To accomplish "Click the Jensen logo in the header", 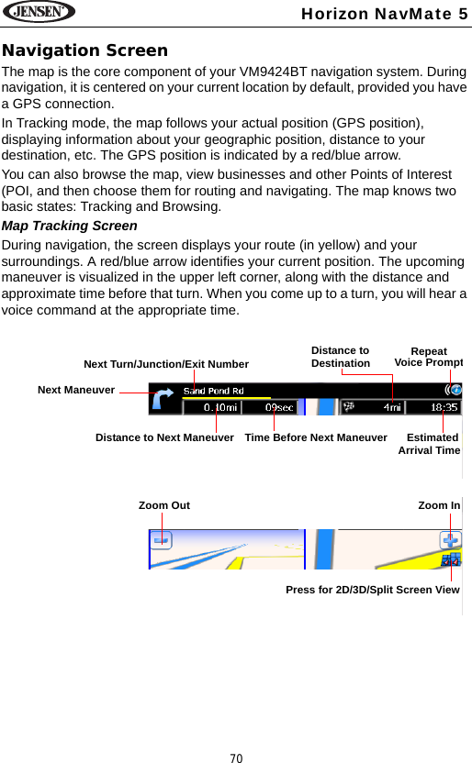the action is [39, 13].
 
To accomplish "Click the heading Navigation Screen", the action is [85, 50].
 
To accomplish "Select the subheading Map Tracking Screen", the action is [71, 226].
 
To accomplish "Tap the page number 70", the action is [236, 757].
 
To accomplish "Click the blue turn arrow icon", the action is [163, 400].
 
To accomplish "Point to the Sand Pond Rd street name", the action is [213, 390].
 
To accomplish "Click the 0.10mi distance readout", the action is [219, 406].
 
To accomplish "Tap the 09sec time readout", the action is [279, 406].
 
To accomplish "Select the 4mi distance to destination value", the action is [391, 406].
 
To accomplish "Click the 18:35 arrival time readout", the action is [446, 406].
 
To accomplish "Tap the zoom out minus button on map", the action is [163, 541].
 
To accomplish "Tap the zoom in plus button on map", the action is [451, 540].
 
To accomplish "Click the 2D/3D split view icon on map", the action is [451, 559].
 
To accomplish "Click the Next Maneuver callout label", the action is [76, 390].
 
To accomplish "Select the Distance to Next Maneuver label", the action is [164, 437].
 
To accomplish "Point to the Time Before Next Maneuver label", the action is [316, 437].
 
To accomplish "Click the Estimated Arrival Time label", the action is [430, 444].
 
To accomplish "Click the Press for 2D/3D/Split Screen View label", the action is [373, 589].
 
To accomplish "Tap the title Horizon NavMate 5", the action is [397, 13].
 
